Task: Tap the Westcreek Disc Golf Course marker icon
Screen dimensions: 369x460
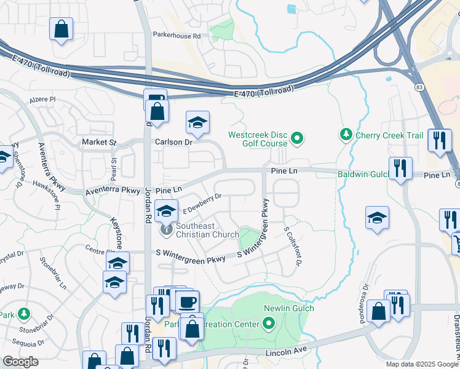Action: point(298,138)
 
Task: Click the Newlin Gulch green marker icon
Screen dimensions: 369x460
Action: point(269,322)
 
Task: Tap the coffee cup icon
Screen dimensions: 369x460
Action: point(187,301)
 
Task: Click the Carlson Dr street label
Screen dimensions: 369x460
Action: point(174,141)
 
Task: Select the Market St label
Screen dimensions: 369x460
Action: point(99,142)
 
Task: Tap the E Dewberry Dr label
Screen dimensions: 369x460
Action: point(202,204)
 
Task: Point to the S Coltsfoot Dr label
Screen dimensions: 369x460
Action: point(294,247)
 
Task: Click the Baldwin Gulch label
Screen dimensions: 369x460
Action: point(362,175)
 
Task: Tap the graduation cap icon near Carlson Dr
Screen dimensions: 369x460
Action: point(197,122)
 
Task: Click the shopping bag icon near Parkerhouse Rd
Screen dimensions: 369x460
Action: point(61,28)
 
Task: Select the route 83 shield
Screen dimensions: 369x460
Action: point(418,89)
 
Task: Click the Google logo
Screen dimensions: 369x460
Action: point(20,362)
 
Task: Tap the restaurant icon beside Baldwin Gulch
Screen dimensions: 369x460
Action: point(400,167)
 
